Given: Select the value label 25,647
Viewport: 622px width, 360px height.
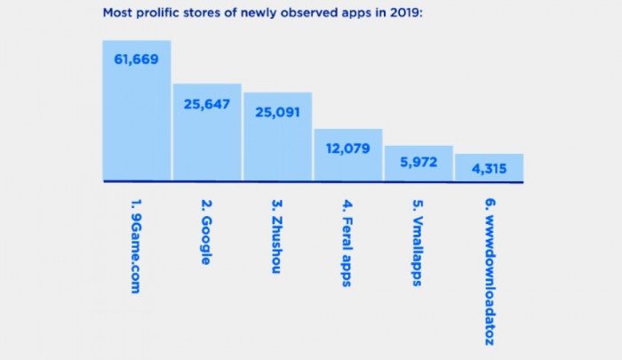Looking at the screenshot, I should (207, 104).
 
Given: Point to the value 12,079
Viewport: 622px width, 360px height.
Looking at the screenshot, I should (347, 148).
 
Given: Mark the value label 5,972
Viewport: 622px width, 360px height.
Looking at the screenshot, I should (419, 164).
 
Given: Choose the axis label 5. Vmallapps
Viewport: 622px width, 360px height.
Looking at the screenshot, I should (418, 242).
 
